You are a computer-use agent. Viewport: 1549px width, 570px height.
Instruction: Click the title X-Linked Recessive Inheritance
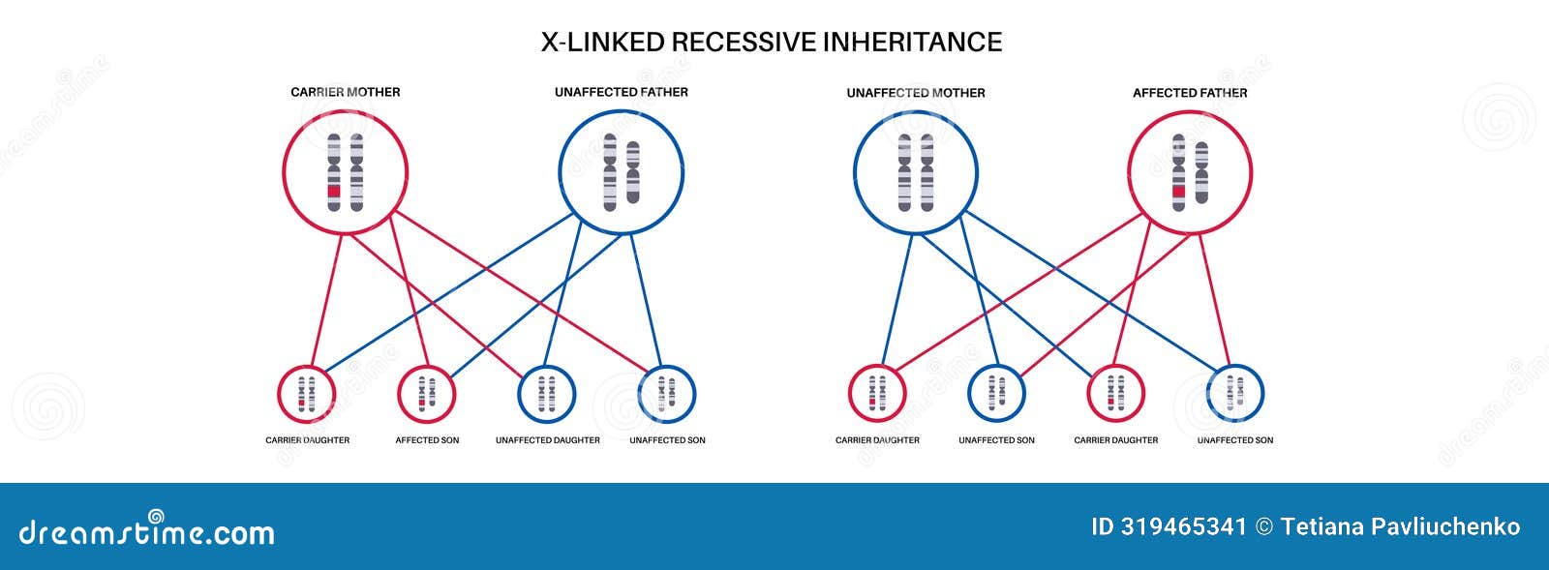[771, 43]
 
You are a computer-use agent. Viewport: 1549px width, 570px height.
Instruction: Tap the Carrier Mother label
[345, 92]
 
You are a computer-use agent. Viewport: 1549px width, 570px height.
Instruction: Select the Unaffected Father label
[621, 92]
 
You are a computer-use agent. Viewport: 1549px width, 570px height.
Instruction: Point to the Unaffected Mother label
[915, 93]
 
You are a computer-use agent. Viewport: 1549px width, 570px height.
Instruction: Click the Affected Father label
[1190, 93]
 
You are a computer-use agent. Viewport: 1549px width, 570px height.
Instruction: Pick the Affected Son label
[427, 440]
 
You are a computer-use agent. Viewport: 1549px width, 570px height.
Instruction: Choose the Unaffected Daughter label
[547, 440]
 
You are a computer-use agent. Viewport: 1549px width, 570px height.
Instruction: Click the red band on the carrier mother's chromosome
[333, 192]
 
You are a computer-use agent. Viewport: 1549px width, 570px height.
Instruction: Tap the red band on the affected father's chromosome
[1178, 192]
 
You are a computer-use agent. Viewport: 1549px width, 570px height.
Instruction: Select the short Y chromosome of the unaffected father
[633, 172]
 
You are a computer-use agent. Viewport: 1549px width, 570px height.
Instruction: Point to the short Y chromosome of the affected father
[1202, 172]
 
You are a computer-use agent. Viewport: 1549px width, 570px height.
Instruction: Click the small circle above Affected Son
[427, 393]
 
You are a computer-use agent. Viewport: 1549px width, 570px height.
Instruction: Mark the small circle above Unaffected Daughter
[547, 393]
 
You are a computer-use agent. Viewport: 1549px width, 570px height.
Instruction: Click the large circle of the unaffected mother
[915, 172]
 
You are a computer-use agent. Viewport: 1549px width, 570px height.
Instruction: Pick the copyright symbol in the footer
[1263, 527]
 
